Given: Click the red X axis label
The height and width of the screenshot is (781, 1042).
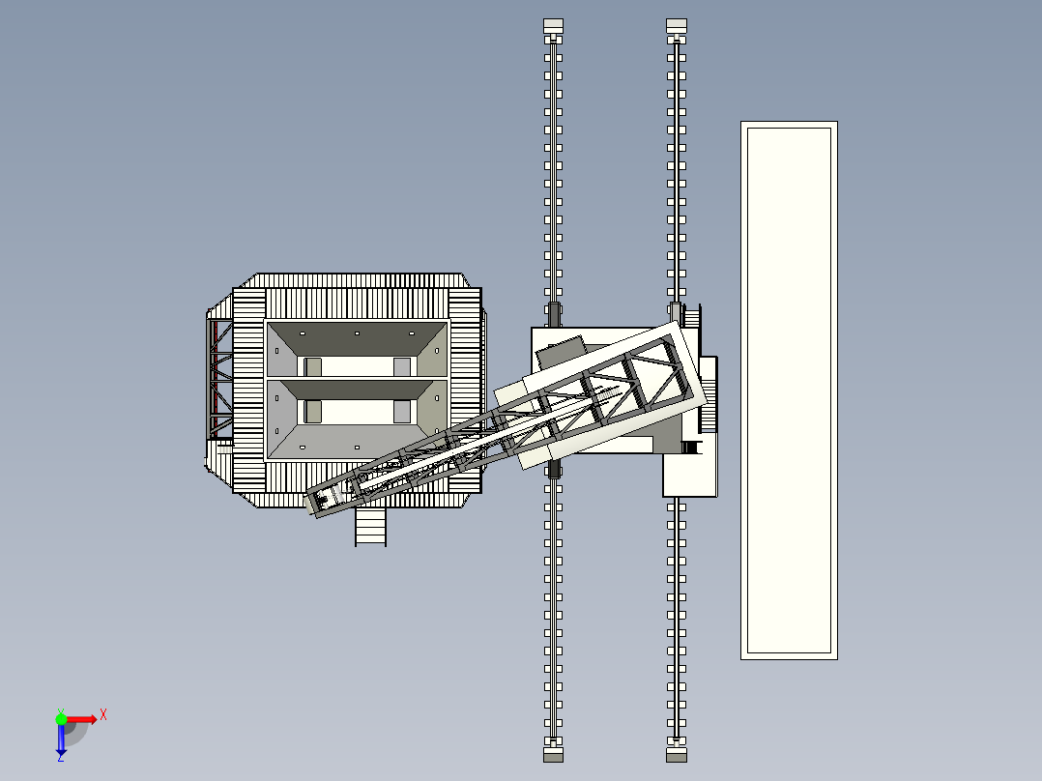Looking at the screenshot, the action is click(x=103, y=715).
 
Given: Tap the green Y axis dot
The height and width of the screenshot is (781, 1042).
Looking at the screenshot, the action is click(x=61, y=719).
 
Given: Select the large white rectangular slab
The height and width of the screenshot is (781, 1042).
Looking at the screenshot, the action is click(x=789, y=390).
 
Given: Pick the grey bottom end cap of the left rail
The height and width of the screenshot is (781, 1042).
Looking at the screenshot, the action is click(x=553, y=755).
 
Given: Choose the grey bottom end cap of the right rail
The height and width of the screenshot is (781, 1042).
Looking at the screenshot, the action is click(x=677, y=755).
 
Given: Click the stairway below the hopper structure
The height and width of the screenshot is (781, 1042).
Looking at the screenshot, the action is click(x=371, y=527).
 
